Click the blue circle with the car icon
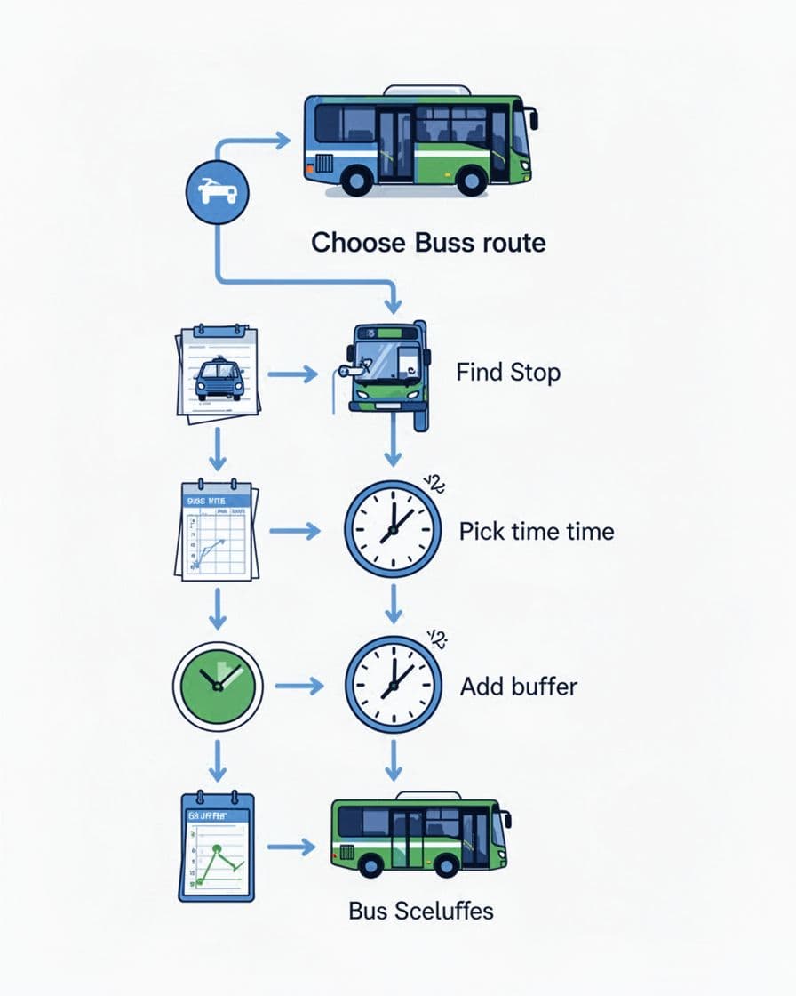click(x=218, y=191)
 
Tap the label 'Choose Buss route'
click(x=428, y=242)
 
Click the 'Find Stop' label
click(x=508, y=372)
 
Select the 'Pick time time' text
click(x=537, y=532)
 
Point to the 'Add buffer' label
click(x=519, y=686)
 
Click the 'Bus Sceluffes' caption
click(x=421, y=911)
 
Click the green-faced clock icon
click(x=217, y=687)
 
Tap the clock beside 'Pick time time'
click(x=392, y=528)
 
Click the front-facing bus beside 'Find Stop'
click(x=386, y=369)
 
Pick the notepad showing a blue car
click(x=218, y=373)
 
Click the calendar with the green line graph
click(x=216, y=847)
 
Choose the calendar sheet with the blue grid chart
click(x=216, y=531)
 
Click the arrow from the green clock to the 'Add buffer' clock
click(x=298, y=687)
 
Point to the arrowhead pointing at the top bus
click(x=283, y=140)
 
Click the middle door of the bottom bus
click(x=408, y=840)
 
